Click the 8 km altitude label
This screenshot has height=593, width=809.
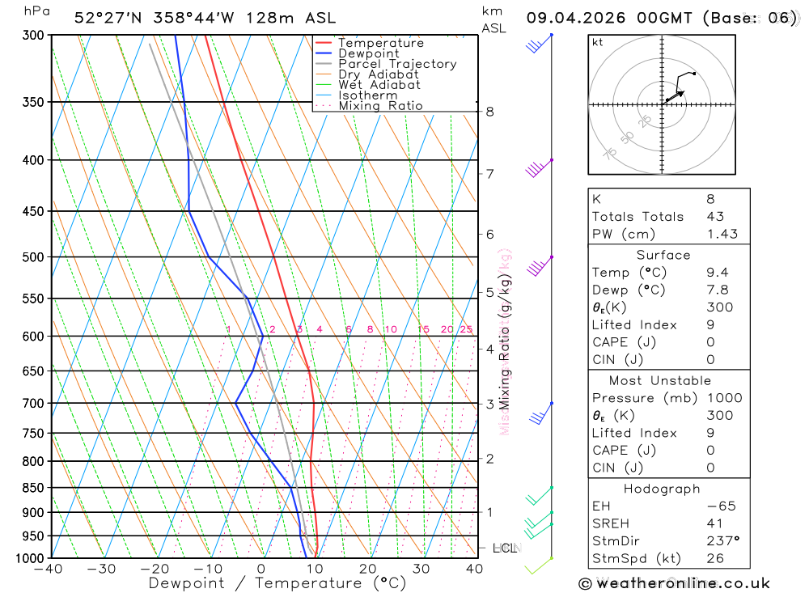pyautogui.click(x=489, y=112)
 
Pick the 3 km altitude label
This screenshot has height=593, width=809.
pyautogui.click(x=489, y=404)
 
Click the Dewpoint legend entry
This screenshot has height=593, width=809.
pyautogui.click(x=368, y=53)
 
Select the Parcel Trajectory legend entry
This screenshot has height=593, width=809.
pyautogui.click(x=396, y=64)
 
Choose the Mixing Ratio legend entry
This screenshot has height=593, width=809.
pyautogui.click(x=380, y=106)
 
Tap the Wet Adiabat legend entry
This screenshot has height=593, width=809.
pyautogui.click(x=379, y=85)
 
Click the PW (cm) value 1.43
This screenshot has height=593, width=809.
pyautogui.click(x=722, y=234)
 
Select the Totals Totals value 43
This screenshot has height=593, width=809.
pyautogui.click(x=715, y=217)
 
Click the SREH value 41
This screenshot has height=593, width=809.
pyautogui.click(x=714, y=523)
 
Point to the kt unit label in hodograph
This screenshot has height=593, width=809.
pyautogui.click(x=597, y=42)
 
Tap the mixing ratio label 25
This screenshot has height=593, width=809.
pyautogui.click(x=466, y=329)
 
